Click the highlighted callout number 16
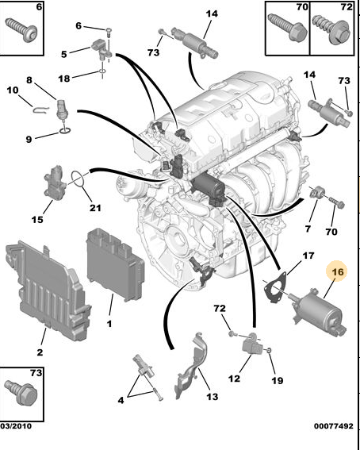point(338,271)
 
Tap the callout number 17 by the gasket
point(308,256)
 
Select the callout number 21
point(95,207)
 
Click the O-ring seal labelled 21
point(78,179)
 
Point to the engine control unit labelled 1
point(115,264)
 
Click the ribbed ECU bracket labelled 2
point(48,290)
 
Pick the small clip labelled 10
point(41,110)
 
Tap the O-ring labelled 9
point(65,132)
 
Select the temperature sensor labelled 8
point(62,110)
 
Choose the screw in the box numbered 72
point(332,29)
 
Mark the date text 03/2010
point(16,425)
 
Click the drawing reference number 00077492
point(334,426)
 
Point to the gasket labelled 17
point(276,287)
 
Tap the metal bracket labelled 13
point(191,366)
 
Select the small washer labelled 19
point(269,350)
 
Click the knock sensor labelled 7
point(318,193)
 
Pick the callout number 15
point(37,220)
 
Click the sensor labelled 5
point(101,48)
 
